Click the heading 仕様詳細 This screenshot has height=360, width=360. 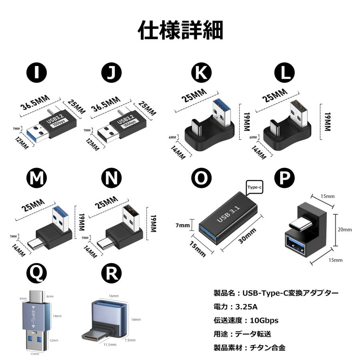point(180,30)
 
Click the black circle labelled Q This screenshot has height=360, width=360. point(36,274)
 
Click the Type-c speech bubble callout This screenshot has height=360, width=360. point(254,187)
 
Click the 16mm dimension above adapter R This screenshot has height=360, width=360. point(114,296)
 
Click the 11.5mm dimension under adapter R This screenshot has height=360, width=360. point(109,344)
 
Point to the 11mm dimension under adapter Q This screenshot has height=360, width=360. point(35,354)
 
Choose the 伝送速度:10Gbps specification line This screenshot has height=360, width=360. point(246,320)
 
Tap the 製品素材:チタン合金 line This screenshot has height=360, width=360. point(250,348)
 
